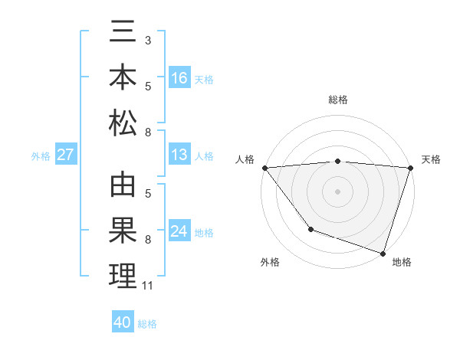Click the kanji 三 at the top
pos(123,37)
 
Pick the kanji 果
pos(123,231)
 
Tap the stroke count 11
pos(148,286)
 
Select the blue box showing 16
pos(179,78)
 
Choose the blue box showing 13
pos(179,155)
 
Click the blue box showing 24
pos(179,231)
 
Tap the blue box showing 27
pos(66,155)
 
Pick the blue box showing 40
pos(123,322)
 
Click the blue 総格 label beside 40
pos(147,324)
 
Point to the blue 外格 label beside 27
pos(41,156)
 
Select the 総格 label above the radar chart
pos(337,100)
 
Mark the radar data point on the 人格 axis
pos(264,168)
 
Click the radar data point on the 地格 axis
pos(383,253)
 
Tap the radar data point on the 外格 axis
pos(310,228)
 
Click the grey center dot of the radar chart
pos(337,191)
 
